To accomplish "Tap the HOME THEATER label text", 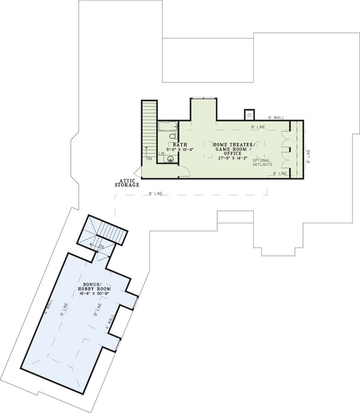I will [x=233, y=145].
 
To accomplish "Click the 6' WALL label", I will [x=275, y=118].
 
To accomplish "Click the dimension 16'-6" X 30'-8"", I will [x=91, y=292].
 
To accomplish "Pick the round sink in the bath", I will [x=172, y=160].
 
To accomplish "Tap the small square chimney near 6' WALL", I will [x=248, y=114].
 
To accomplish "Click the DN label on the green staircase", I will [x=149, y=159].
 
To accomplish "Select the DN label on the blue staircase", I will [x=101, y=246].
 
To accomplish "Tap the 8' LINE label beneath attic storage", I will [x=155, y=194].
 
